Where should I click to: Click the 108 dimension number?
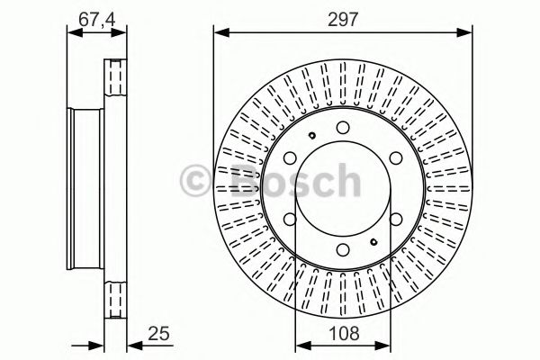[x=344, y=334]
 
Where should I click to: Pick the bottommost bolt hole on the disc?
[x=344, y=253]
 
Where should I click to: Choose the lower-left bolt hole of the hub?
[x=290, y=221]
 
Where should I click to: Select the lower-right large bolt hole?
[x=397, y=221]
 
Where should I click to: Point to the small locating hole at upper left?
[x=309, y=136]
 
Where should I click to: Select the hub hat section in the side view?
[x=86, y=191]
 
